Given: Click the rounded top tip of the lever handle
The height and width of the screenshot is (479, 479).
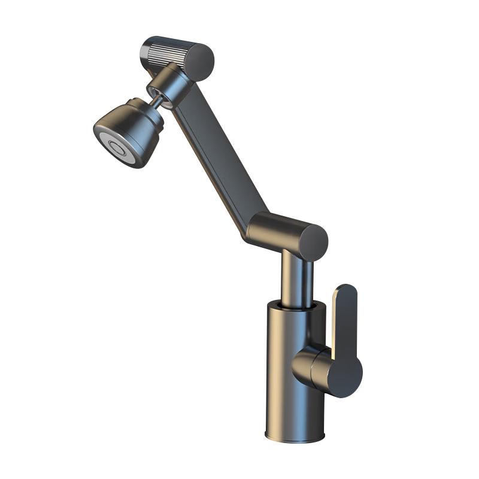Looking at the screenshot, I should [x=346, y=290].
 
